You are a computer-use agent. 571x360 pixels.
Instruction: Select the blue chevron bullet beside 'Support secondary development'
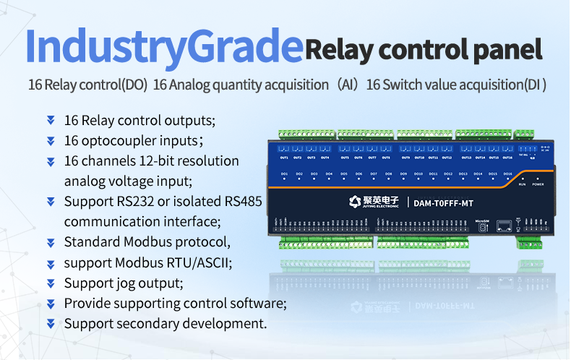click(x=51, y=323)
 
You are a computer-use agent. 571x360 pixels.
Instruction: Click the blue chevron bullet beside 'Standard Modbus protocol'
click(x=51, y=242)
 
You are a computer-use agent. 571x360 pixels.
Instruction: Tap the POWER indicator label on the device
click(x=537, y=184)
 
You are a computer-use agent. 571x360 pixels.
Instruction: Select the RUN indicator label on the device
click(x=522, y=184)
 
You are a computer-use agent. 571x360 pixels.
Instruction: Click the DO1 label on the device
click(x=285, y=174)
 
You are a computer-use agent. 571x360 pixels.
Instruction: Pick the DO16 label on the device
click(x=507, y=174)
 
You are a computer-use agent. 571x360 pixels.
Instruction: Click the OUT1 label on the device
click(x=284, y=158)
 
